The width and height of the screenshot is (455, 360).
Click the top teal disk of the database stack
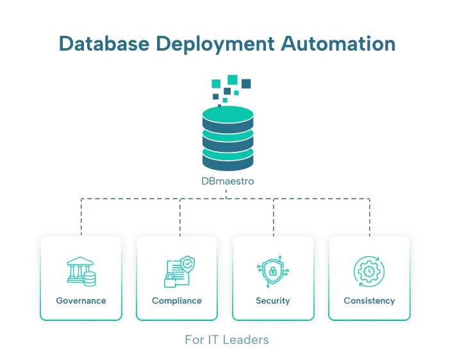pos(227,115)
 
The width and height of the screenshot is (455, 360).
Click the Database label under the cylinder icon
pos(227,182)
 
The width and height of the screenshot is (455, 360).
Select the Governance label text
pos(81,300)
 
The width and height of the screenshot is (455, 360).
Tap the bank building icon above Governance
pos(79,271)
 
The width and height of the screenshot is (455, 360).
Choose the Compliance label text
pos(177,300)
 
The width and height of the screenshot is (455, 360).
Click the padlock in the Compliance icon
pos(170,280)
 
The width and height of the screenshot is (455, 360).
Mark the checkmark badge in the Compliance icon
pos(186,263)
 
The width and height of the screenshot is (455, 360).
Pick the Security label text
pos(273,300)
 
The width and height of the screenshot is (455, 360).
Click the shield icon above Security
pos(272,271)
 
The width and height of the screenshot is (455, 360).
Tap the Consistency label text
pos(369,300)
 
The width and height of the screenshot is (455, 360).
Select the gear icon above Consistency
pos(368,271)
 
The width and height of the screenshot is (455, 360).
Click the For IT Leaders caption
pos(227,341)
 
